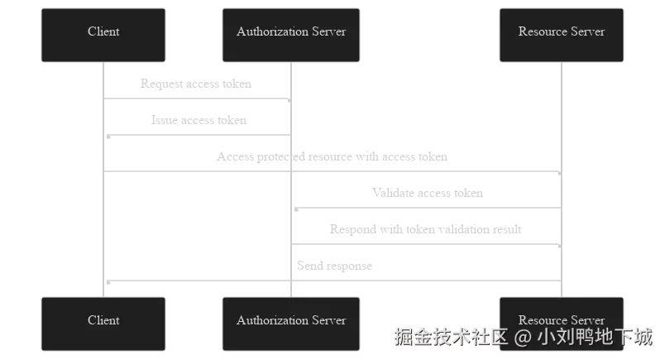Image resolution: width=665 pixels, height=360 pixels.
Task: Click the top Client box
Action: (103, 35)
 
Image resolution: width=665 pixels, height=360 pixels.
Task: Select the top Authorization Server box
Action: (291, 35)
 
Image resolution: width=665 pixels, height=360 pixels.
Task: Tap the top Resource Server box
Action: (562, 35)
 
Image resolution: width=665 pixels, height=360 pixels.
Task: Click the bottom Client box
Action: (103, 323)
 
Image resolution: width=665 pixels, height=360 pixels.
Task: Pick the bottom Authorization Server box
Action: (291, 323)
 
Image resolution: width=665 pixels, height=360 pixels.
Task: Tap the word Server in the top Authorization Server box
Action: (328, 31)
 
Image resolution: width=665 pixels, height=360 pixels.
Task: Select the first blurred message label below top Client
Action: (194, 83)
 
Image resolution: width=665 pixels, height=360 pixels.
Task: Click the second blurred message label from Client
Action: (198, 119)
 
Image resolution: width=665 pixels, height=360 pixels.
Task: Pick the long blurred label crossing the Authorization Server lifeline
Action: (331, 156)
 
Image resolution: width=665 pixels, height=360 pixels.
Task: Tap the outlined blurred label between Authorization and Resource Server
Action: (423, 229)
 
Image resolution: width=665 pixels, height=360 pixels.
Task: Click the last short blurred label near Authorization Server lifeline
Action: (337, 266)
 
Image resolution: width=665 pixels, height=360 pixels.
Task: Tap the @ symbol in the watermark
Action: (522, 337)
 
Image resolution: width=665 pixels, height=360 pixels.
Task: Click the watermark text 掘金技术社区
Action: (450, 337)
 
